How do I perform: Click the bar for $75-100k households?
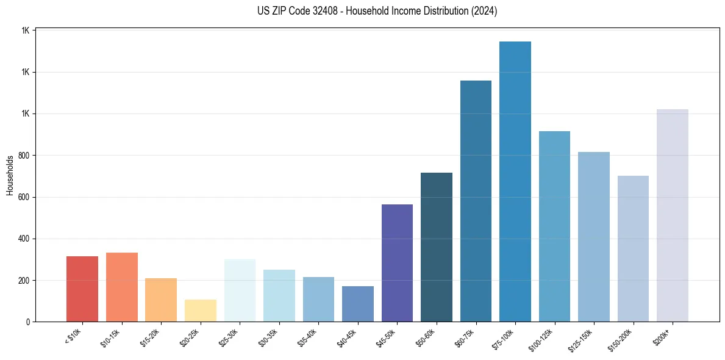pos(515,181)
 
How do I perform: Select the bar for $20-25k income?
pos(201,311)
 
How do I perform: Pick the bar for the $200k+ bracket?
pos(673,215)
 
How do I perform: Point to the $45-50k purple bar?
pos(397,263)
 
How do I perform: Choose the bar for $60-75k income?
pos(476,201)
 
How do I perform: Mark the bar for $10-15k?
pos(122,287)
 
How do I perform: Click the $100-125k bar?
pos(554,226)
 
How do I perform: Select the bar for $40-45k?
pos(358,304)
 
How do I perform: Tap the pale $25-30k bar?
pos(240,290)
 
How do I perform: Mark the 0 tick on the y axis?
pos(29,322)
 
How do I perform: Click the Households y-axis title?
pos(10,175)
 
